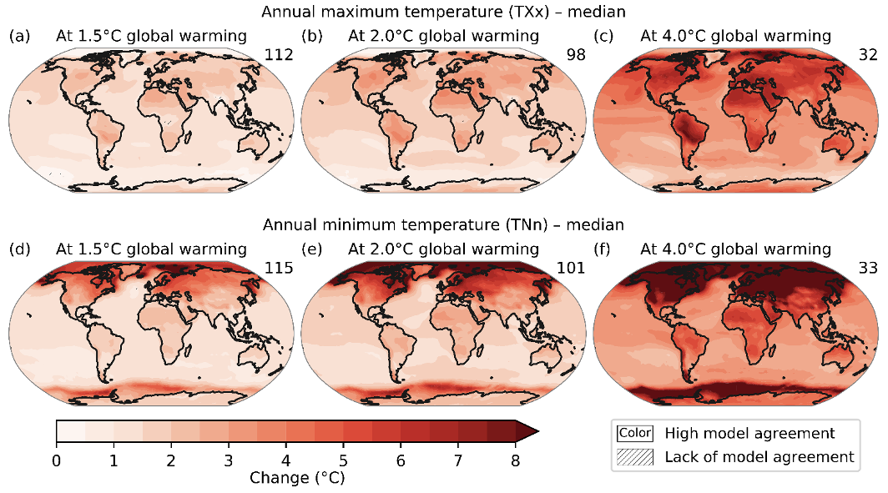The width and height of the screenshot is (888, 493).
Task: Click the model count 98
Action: [x=575, y=55]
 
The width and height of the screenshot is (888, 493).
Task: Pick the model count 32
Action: [x=868, y=55]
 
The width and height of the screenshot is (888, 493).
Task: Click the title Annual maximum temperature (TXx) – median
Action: [x=443, y=12]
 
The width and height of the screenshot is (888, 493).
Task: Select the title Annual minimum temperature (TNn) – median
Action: [x=443, y=224]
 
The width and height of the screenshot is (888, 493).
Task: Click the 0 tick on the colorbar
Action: [x=56, y=460]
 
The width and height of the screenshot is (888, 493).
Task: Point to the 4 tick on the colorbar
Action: [x=286, y=460]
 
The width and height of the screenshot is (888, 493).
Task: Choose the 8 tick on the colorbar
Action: [x=516, y=460]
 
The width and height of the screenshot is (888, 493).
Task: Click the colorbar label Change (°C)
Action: [x=296, y=479]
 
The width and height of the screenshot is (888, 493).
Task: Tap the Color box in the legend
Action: [x=634, y=433]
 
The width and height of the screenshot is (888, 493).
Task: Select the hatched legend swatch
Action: [x=634, y=456]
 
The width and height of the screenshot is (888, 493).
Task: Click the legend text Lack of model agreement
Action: [x=759, y=456]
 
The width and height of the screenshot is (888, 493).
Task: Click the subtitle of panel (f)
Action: [x=735, y=249]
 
